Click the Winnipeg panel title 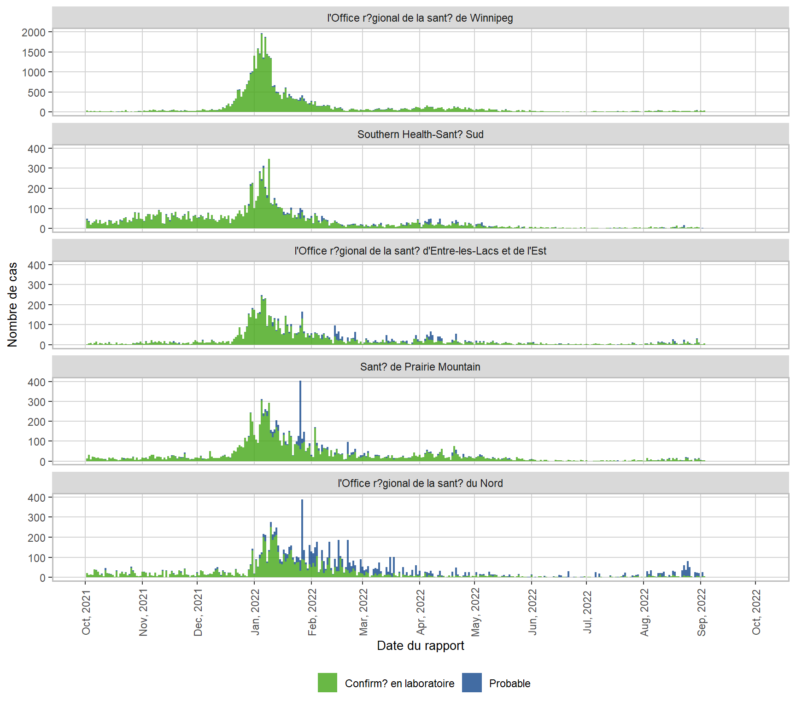coord(420,18)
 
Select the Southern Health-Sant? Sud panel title coord(420,134)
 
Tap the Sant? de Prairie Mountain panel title coord(420,367)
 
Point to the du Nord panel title coord(420,483)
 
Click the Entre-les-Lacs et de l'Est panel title coord(420,251)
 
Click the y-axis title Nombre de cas coord(12,304)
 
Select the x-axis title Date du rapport coord(420,646)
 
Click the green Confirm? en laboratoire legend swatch coord(327,683)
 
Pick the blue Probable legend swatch coord(472,683)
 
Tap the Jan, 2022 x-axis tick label coord(255,613)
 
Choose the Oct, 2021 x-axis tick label coord(86,613)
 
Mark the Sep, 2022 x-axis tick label coord(702,613)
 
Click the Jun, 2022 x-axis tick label coord(533,613)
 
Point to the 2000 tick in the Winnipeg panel coord(34,32)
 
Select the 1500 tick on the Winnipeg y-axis coord(34,52)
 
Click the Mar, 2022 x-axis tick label coord(363,613)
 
